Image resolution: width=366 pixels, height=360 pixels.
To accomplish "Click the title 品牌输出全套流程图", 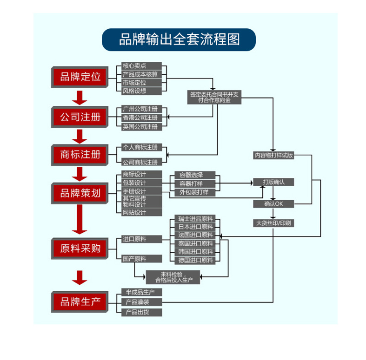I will pyautogui.click(x=179, y=39).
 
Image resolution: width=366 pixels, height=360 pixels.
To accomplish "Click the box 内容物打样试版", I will pyautogui.click(x=273, y=156).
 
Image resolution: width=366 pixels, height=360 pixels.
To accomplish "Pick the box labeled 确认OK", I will pyautogui.click(x=273, y=204).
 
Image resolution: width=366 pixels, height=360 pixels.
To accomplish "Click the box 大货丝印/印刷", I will pyautogui.click(x=273, y=223).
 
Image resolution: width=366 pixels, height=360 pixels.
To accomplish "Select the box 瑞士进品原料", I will pyautogui.click(x=195, y=218).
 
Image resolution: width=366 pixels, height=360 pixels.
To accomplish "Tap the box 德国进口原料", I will pyautogui.click(x=195, y=260).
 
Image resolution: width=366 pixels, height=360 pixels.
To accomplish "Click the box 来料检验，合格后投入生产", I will pyautogui.click(x=173, y=277).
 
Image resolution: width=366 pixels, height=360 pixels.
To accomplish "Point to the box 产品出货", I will pyautogui.click(x=141, y=312).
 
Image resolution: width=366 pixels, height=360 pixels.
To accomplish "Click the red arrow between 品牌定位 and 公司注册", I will pyautogui.click(x=80, y=98).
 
